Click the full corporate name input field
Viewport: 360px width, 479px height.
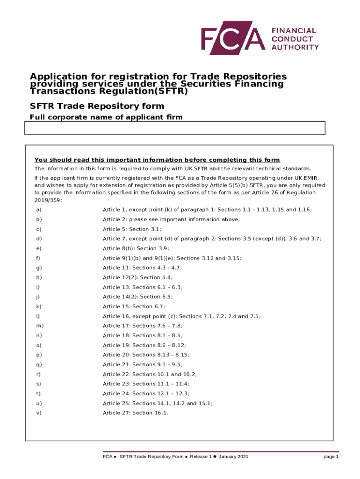(x=174, y=128)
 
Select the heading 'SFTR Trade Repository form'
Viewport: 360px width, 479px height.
(x=97, y=106)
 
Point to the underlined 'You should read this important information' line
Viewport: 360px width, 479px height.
(x=157, y=160)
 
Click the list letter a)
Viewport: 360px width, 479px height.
(x=38, y=210)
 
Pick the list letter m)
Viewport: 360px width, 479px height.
(x=39, y=326)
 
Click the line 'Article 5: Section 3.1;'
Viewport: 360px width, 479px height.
(x=132, y=229)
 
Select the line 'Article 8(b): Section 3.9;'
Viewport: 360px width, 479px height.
(x=136, y=248)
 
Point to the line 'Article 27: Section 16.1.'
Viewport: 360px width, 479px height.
(x=135, y=413)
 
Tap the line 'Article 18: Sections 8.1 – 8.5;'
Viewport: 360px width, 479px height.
(x=143, y=335)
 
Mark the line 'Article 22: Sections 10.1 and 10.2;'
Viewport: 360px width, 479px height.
(x=150, y=374)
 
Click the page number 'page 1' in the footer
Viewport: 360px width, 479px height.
(x=331, y=457)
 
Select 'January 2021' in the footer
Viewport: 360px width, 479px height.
(x=233, y=457)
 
